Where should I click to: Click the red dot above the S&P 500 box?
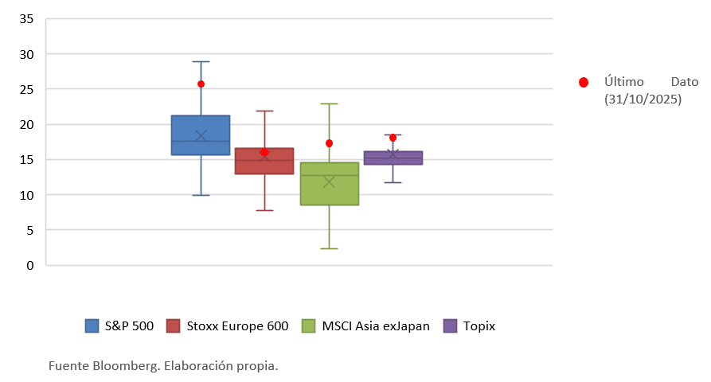201,84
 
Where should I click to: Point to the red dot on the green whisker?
329,143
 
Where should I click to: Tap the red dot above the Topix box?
393,138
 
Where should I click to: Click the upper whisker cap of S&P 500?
201,61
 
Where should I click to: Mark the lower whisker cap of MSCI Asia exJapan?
329,248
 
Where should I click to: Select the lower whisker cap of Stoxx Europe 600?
264,210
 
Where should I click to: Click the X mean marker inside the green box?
329,182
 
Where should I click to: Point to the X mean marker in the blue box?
201,136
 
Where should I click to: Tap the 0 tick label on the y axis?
30,265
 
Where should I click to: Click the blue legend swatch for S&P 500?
92,325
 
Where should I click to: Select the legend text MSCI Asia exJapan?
376,325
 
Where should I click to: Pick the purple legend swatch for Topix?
451,325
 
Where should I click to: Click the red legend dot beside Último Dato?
584,82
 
